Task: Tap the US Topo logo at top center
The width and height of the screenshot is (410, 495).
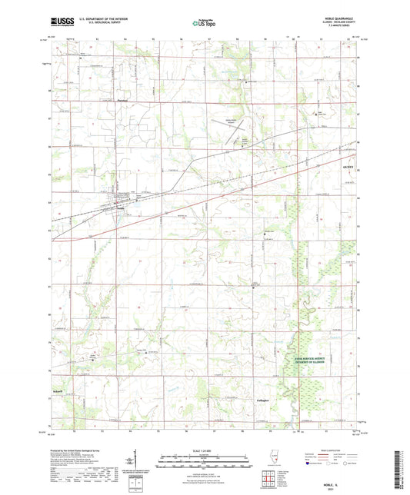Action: (x=203, y=24)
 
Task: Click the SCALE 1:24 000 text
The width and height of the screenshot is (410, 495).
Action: (x=205, y=451)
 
